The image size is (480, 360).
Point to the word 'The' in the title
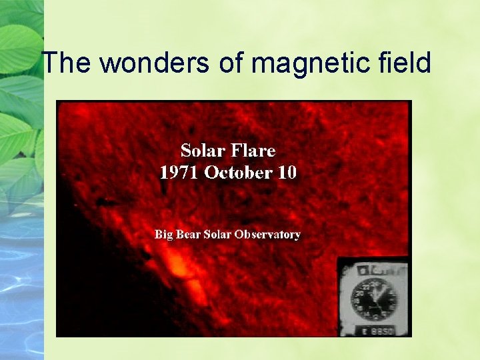tap(65, 63)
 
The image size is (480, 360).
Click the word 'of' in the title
tap(229, 63)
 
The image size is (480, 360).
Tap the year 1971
tap(179, 173)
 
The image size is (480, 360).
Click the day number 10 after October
tap(287, 173)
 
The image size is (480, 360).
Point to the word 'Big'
tap(164, 235)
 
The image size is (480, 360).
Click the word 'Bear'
tap(191, 235)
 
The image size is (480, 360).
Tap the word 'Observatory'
tap(270, 235)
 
